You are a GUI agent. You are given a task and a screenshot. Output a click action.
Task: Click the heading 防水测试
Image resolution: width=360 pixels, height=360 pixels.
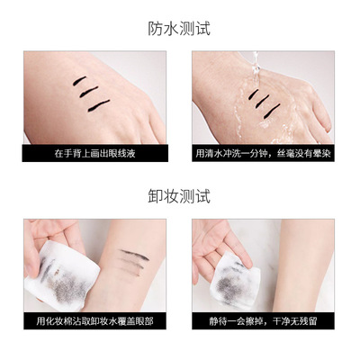pos(179,29)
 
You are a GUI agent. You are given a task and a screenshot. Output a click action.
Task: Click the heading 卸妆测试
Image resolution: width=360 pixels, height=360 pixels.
pos(179,196)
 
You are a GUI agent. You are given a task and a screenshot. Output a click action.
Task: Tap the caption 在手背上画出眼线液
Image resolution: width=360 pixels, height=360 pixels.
pos(94,153)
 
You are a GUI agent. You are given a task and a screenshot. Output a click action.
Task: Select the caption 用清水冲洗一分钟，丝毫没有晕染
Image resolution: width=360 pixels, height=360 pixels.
pos(263,153)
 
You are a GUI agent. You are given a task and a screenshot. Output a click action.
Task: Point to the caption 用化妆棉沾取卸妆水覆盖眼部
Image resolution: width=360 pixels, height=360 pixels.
pos(94,321)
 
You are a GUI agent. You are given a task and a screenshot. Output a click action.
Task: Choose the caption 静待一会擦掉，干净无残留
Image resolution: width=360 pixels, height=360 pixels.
pos(263,321)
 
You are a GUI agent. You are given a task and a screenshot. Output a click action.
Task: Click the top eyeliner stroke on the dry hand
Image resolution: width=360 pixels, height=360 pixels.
pos(79,81)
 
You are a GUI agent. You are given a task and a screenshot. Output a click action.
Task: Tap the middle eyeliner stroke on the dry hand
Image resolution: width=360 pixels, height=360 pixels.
pos(88,92)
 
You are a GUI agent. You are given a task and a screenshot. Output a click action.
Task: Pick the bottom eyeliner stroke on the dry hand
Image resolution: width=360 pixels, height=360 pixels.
pos(99,105)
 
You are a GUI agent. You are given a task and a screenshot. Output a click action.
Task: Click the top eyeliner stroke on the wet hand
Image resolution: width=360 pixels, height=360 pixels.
pos(254,94)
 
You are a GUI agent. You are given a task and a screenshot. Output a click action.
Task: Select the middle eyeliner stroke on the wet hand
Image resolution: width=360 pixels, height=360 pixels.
pos(262,102)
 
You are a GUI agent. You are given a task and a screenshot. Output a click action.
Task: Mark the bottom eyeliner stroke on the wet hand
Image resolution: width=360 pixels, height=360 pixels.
pos(272,111)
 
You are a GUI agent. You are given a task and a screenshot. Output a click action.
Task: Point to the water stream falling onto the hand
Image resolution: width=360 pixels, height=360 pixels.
pos(256,70)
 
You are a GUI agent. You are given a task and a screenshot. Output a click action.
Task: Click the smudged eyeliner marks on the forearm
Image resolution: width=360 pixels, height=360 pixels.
pos(134,262)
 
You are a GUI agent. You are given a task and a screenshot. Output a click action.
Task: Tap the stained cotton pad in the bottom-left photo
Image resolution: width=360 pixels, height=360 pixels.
pos(62,276)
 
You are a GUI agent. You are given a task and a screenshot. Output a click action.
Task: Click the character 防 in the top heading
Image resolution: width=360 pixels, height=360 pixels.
pos(156,29)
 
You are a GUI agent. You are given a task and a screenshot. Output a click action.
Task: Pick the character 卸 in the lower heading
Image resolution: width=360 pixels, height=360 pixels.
pos(156,196)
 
